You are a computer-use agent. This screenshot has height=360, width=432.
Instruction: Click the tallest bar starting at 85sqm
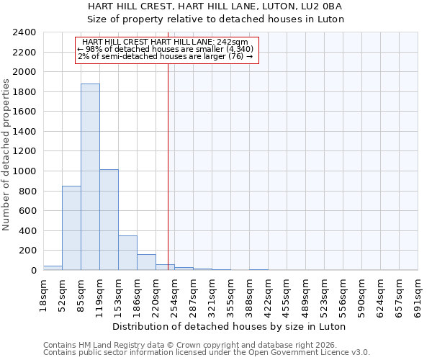[90, 177]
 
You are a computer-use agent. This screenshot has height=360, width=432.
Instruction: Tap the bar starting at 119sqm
[109, 220]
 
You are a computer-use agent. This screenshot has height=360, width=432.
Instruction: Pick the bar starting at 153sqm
[127, 253]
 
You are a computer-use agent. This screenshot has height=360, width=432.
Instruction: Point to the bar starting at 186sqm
[146, 262]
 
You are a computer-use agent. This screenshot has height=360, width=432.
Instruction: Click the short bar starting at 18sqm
[53, 268]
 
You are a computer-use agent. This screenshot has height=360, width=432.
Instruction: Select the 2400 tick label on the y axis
[24, 33]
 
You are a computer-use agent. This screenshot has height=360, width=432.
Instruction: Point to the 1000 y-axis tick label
[24, 171]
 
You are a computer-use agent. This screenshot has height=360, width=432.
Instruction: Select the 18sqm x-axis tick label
[43, 294]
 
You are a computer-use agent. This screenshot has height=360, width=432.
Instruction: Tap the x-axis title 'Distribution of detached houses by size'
[230, 326]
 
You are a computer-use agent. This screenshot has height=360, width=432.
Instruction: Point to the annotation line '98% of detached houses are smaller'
[166, 49]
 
